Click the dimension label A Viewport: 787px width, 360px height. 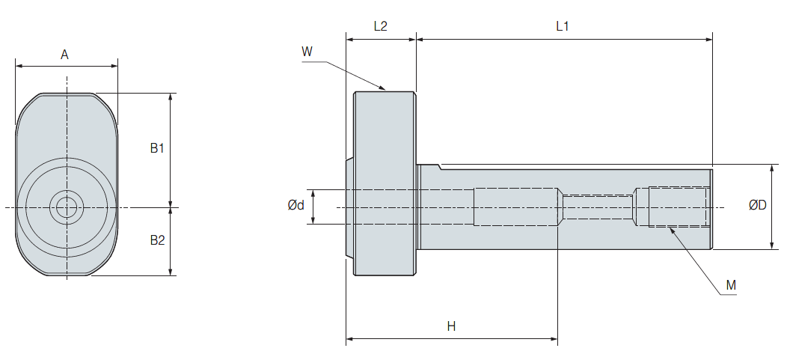[65, 54]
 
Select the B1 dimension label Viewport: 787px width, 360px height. [156, 147]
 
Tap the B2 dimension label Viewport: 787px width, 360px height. [156, 240]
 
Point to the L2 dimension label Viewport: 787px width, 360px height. [380, 26]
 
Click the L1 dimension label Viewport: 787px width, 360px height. [563, 26]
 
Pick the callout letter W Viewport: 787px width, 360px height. [307, 52]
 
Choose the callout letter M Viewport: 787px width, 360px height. [731, 285]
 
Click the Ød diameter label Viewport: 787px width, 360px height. [296, 206]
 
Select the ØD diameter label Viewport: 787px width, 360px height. [758, 205]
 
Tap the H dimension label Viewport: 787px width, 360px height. [451, 326]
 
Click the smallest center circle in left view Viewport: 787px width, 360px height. [67, 207]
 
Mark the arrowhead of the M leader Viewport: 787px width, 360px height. [671, 228]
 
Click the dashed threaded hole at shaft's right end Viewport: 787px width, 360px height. [678, 207]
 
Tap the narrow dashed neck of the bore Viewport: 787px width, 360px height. [598, 207]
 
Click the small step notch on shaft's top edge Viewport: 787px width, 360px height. [440, 166]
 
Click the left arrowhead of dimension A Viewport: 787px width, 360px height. [18, 66]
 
